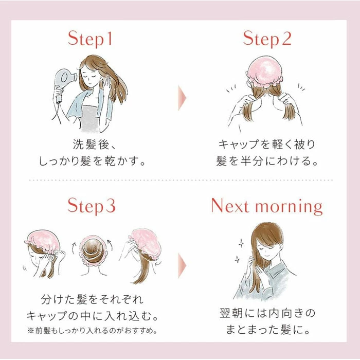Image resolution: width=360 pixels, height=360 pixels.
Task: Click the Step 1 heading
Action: coord(90,39)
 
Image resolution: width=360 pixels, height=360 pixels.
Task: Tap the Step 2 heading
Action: coord(267,39)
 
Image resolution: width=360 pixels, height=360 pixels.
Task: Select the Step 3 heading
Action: coord(92,206)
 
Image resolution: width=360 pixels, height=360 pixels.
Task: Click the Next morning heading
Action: coord(267,206)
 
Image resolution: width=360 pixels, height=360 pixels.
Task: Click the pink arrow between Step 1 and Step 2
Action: coord(182,98)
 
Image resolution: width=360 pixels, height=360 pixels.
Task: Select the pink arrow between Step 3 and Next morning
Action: coord(182,265)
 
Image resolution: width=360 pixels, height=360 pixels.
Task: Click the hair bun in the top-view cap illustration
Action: coord(92,251)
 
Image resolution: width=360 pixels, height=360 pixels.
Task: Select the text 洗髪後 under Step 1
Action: coord(91,145)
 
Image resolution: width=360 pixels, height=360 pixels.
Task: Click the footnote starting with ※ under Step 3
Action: coord(92,331)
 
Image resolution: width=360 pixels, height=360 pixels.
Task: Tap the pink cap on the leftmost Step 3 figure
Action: coord(43,241)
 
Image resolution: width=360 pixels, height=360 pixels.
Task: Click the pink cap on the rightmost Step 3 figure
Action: coord(143,244)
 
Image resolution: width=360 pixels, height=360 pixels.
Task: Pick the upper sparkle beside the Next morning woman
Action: coord(241,243)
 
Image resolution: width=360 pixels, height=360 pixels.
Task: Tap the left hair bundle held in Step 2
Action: coord(248,106)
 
